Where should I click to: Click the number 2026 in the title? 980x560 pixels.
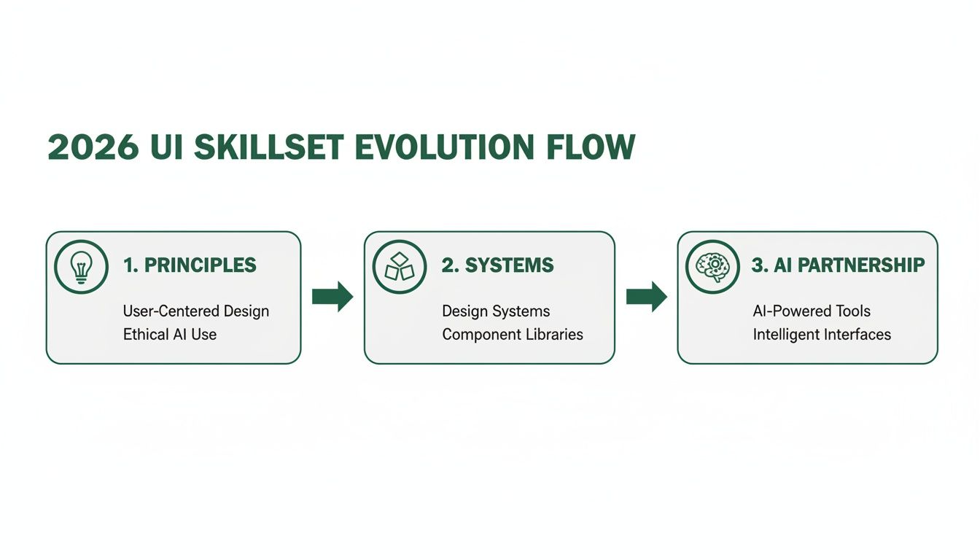coord(93,147)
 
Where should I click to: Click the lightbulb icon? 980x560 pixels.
coord(80,266)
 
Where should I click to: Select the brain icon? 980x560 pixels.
coord(712,267)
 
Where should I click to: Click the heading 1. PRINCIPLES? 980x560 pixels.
coord(190,265)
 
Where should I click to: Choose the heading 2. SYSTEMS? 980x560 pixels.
coord(497,265)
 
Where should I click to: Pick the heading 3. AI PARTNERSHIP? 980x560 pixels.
coord(838,265)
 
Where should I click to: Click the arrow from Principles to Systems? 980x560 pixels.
coord(332,297)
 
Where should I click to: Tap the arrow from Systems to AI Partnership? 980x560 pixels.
coord(647,297)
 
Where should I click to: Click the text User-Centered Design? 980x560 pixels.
coord(195,311)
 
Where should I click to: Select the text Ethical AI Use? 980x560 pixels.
coord(169,335)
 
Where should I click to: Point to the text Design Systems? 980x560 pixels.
coord(496,311)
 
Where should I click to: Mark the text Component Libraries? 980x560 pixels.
coord(513,335)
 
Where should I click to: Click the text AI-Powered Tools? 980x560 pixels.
coord(812,311)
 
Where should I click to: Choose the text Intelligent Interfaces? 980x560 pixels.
coord(822,335)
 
